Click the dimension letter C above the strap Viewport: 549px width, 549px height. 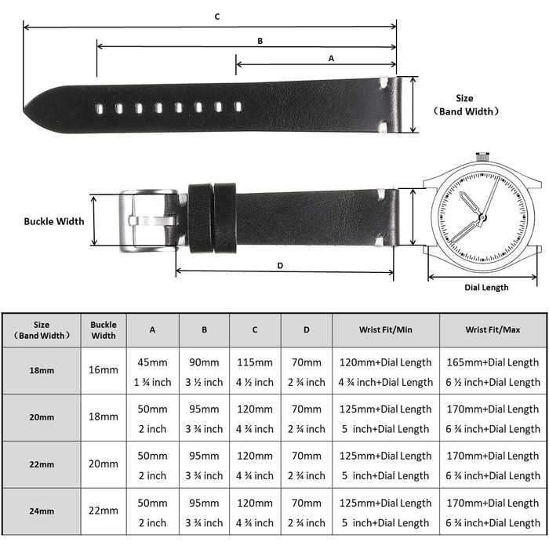[217, 16]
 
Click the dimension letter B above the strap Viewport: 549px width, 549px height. [260, 41]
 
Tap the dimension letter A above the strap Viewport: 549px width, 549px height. [331, 59]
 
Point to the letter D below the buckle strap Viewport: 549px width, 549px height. [280, 266]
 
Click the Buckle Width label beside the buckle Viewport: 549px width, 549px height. [54, 221]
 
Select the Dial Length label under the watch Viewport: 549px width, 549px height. [486, 288]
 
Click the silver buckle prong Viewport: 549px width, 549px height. [152, 221]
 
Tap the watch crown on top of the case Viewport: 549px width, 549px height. [482, 156]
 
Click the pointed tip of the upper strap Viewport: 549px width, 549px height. [24, 111]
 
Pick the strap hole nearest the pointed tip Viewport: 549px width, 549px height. [100, 109]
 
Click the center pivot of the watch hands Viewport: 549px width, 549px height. [483, 218]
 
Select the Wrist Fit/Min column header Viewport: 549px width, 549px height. [386, 330]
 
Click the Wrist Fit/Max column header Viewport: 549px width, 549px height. [493, 330]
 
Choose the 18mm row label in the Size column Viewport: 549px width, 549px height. [42, 370]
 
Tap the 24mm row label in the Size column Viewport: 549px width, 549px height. [42, 511]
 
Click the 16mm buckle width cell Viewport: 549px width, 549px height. [104, 369]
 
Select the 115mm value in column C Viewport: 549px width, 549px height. [255, 362]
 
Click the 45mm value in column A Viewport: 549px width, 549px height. [152, 362]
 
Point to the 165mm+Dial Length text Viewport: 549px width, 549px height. [493, 362]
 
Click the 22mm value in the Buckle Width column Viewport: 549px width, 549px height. [104, 511]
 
